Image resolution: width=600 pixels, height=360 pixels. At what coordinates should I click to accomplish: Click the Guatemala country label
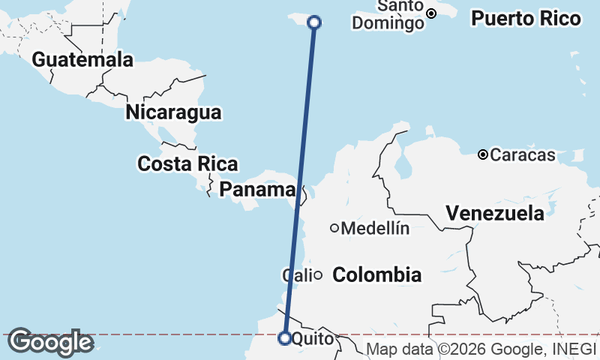(82, 59)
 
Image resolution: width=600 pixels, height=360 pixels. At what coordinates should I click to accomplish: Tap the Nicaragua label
(173, 112)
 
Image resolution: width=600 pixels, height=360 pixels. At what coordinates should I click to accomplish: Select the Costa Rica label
(187, 163)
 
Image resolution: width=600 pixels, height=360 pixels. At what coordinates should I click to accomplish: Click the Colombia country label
(376, 274)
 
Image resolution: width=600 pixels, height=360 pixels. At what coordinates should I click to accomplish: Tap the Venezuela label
(495, 213)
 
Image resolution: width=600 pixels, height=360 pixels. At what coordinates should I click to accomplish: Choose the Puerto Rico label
(526, 19)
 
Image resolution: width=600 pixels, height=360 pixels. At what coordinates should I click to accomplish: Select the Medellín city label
(375, 229)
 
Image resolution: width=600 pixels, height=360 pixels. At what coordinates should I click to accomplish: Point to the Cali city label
(296, 275)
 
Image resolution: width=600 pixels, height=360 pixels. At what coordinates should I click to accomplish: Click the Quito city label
(309, 339)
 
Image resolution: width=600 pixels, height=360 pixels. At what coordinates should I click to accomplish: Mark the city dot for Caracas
(483, 155)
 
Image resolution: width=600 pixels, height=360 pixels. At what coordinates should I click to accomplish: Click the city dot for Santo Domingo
(431, 13)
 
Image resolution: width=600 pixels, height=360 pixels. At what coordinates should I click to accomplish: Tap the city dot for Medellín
(334, 228)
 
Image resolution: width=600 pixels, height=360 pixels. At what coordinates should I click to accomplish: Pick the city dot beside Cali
(318, 275)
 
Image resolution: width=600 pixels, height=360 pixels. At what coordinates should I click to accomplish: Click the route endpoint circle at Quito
(285, 338)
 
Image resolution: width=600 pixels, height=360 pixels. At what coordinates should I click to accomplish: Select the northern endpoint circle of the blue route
(315, 22)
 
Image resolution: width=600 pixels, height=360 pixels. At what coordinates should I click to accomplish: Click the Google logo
(49, 343)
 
